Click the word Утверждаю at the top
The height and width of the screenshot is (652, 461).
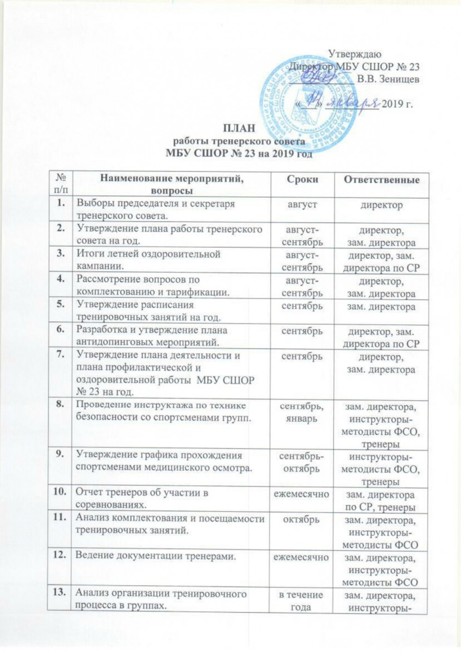click(x=355, y=54)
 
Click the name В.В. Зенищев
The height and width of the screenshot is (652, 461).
click(x=388, y=79)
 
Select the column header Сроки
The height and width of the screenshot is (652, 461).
click(x=302, y=179)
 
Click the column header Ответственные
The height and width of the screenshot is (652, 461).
click(x=381, y=179)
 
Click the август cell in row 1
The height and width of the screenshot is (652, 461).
click(x=301, y=204)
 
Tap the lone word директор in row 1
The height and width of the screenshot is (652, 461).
click(x=381, y=204)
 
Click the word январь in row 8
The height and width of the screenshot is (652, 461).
click(x=301, y=419)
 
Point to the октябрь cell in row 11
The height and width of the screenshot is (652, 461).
click(x=301, y=519)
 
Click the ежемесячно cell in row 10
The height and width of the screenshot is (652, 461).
click(x=301, y=494)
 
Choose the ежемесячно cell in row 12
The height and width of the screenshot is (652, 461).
click(x=301, y=557)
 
